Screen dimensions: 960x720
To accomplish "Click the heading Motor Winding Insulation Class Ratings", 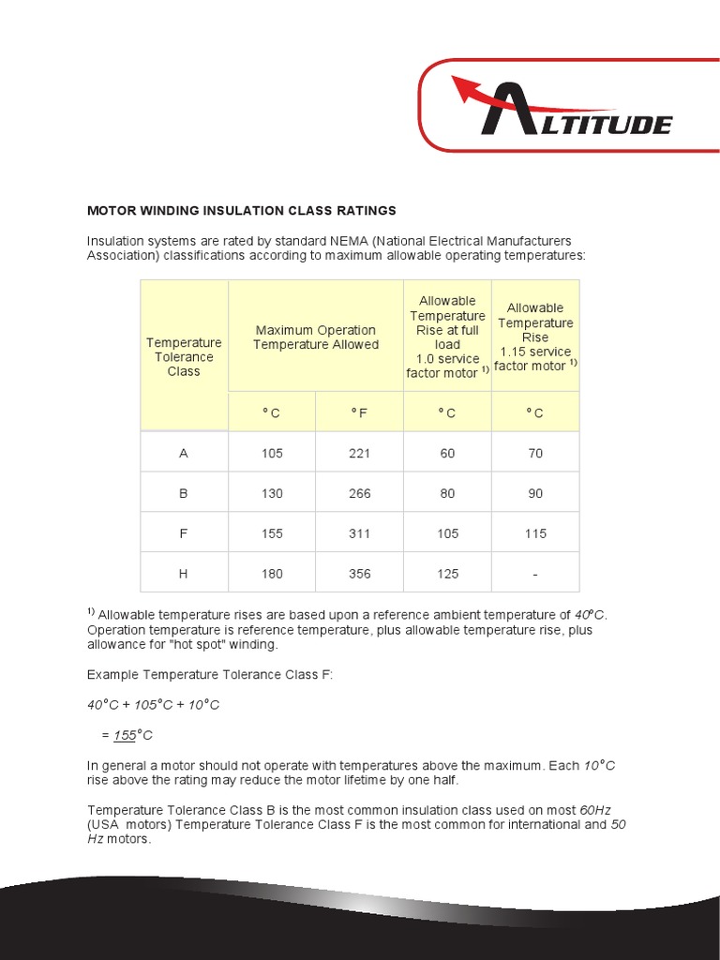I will (241, 210).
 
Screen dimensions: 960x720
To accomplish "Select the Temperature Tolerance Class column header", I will (184, 357).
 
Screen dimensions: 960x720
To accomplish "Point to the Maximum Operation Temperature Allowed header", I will (316, 337).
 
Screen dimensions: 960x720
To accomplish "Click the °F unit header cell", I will (359, 412).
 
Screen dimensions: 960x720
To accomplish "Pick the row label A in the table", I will (184, 453).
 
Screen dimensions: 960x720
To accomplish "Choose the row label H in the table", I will (184, 574).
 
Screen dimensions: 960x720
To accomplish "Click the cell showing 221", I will (359, 453).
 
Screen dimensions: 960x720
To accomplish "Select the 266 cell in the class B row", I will (359, 493).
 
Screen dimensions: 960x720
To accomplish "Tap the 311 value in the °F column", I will (359, 533).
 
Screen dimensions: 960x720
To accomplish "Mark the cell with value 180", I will (272, 574).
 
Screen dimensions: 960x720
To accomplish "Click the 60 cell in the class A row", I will (447, 453).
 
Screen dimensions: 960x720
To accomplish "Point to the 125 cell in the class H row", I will (447, 574).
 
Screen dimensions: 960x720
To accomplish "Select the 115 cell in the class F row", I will (535, 533).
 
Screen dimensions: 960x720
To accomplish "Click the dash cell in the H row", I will (535, 574).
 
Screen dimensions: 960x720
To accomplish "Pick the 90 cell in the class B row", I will (535, 493).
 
